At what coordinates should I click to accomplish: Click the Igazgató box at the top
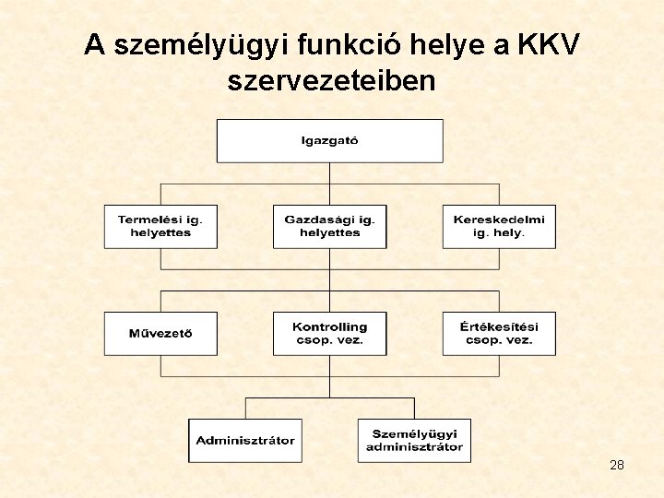click(329, 141)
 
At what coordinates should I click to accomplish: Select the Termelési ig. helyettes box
click(160, 226)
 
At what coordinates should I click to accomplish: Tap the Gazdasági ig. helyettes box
click(329, 226)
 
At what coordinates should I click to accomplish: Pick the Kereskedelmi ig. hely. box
click(499, 226)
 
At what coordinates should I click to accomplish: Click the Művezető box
click(160, 334)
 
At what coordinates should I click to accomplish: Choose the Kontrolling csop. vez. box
click(329, 334)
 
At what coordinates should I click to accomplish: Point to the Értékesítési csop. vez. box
click(499, 334)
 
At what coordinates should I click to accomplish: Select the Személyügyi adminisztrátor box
click(414, 441)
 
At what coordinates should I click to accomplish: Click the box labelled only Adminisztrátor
click(245, 441)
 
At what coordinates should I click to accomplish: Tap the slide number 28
click(617, 465)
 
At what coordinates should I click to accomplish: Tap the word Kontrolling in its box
click(329, 327)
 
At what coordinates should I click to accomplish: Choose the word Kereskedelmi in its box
click(499, 219)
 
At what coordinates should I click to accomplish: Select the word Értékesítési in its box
click(499, 327)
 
